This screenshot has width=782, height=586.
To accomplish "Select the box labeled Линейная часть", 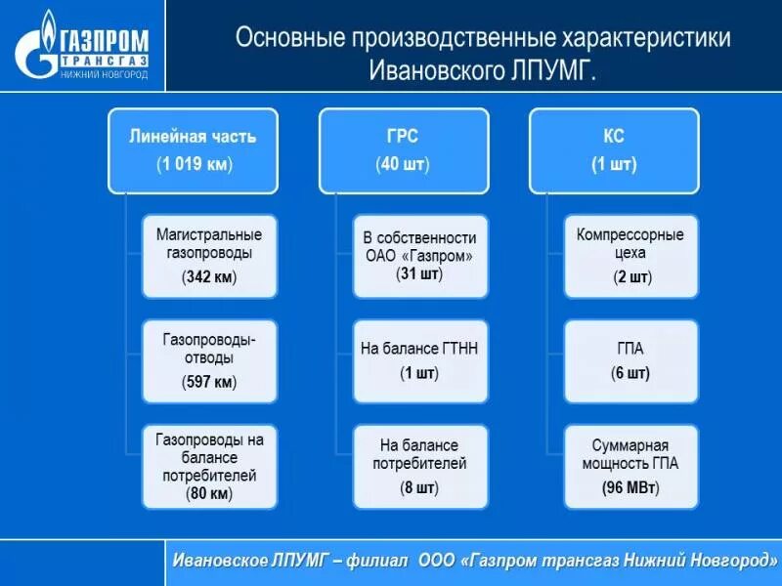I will tap(193, 149).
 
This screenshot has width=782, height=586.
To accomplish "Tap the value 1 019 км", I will tap(194, 164).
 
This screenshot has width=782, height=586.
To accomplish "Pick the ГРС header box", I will tap(403, 149).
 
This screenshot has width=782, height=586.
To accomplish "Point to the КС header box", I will tap(613, 149).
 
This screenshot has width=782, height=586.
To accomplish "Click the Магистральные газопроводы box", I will tap(209, 256).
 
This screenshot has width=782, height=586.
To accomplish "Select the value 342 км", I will tap(209, 277).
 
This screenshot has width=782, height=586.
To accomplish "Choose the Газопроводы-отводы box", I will tap(209, 360).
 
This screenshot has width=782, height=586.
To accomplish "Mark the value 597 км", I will tap(209, 382).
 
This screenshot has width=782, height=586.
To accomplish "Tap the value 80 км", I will tap(209, 494).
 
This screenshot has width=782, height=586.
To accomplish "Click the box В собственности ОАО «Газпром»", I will tap(419, 256).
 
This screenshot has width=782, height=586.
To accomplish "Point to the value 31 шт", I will tap(419, 274).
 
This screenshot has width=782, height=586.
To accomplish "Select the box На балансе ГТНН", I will tap(419, 360).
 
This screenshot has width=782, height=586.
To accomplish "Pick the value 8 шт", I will tap(419, 485).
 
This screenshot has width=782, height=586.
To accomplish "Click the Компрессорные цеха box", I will tap(630, 256).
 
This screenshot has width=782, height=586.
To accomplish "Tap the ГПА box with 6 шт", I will tap(630, 360).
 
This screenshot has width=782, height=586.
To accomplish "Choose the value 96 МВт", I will tap(630, 485).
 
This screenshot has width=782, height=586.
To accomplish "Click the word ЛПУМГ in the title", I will tap(553, 71).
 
